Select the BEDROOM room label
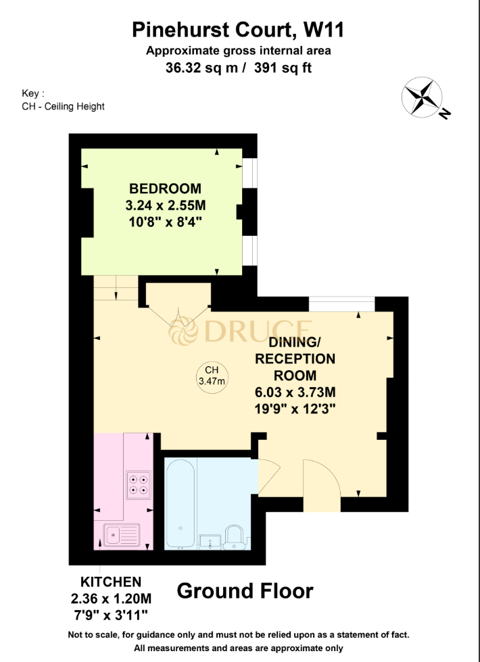click(x=166, y=188)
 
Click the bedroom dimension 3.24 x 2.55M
click(x=166, y=205)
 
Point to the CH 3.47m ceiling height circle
click(x=212, y=376)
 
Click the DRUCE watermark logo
click(x=240, y=332)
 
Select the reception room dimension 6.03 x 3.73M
click(x=295, y=392)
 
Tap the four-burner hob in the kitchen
click(x=139, y=484)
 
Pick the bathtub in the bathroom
click(x=181, y=503)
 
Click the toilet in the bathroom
click(x=236, y=536)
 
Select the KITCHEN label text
click(x=111, y=582)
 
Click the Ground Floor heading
click(x=245, y=591)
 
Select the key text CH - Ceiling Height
click(x=63, y=107)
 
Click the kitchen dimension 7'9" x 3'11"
click(x=111, y=614)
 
